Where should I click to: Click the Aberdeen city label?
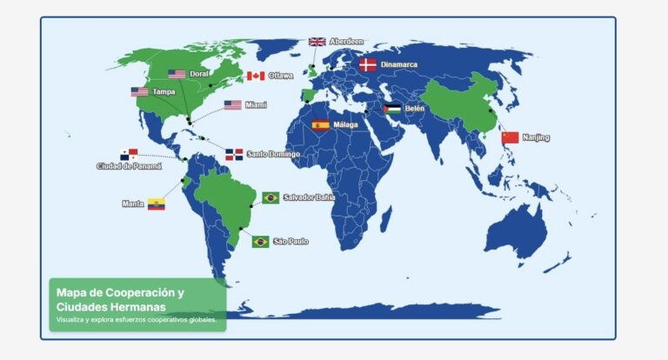tap(346, 42)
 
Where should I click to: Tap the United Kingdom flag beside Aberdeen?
tap(317, 42)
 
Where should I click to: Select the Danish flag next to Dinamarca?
tap(368, 64)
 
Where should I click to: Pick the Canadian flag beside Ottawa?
tap(255, 76)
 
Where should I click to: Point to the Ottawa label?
tap(281, 76)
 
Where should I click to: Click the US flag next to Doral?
tap(177, 74)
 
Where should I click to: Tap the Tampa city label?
tap(164, 91)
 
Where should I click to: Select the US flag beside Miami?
tap(232, 105)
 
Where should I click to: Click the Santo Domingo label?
tap(273, 155)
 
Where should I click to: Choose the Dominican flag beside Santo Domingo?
tap(234, 155)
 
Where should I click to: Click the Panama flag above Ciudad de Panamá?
tap(129, 155)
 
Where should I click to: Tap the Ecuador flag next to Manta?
tap(156, 204)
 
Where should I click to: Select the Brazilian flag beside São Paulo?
tap(260, 242)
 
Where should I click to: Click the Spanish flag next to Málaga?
tap(319, 125)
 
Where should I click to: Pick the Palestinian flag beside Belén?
tap(392, 109)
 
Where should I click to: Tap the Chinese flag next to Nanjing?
tap(510, 137)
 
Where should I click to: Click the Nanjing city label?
tap(536, 137)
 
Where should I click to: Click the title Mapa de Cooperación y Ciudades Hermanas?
tap(120, 300)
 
